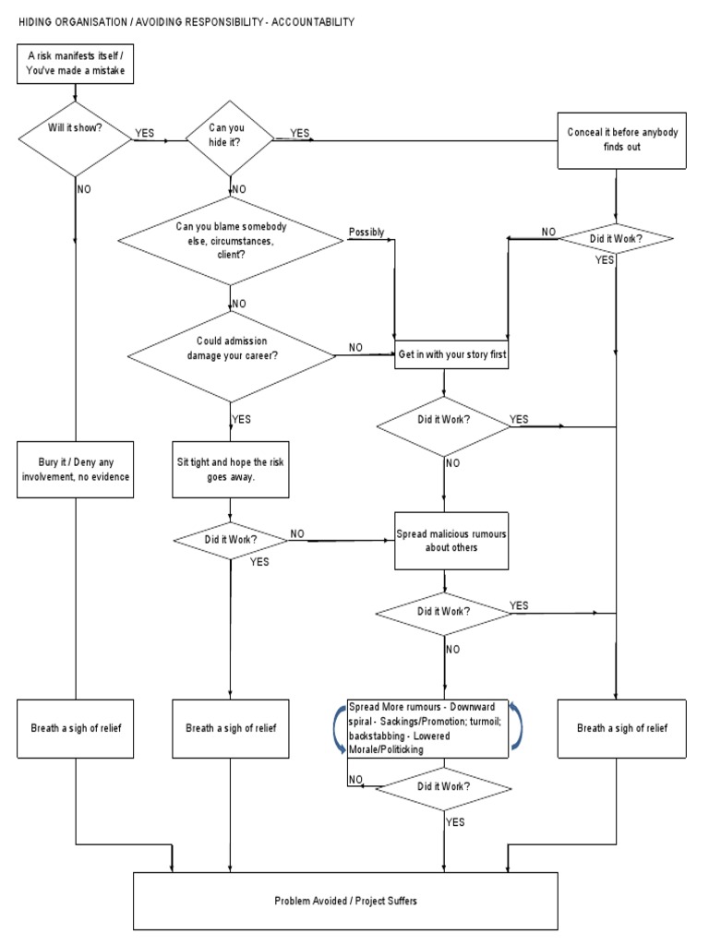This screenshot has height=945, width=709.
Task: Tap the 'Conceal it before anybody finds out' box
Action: (621, 140)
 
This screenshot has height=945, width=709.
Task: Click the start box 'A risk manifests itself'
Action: (73, 63)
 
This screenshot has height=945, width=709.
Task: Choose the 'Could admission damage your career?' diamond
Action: (230, 354)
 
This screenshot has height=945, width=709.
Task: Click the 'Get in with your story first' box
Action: (452, 354)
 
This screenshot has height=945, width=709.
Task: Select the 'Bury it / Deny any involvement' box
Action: (73, 469)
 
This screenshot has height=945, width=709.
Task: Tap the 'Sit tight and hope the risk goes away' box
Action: (229, 469)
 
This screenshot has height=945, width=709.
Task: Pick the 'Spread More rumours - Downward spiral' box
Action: (427, 727)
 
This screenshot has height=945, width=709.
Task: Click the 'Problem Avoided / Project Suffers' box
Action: (346, 900)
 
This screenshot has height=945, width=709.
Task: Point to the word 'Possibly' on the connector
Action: (367, 233)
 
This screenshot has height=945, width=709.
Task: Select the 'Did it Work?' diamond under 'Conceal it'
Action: (617, 240)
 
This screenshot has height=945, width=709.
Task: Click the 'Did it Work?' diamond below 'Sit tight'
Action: (230, 540)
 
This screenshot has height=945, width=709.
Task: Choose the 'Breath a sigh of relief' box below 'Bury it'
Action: (73, 727)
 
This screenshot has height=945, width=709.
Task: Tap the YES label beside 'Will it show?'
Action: (144, 133)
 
